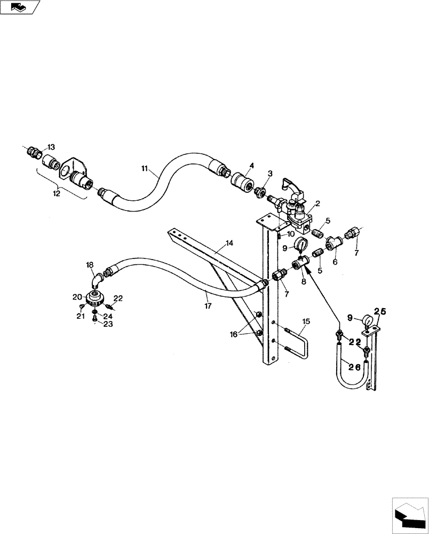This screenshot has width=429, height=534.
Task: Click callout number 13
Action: point(51,147)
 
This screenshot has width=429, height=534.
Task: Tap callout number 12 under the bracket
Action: point(57,194)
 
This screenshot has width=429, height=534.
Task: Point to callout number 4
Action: point(252,167)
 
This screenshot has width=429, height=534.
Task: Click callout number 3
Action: point(270,174)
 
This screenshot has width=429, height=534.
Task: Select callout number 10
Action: point(291,234)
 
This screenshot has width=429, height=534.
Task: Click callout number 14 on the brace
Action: point(229,244)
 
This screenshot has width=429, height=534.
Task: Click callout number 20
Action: point(77,297)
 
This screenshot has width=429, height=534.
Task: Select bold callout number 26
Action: point(354,367)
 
